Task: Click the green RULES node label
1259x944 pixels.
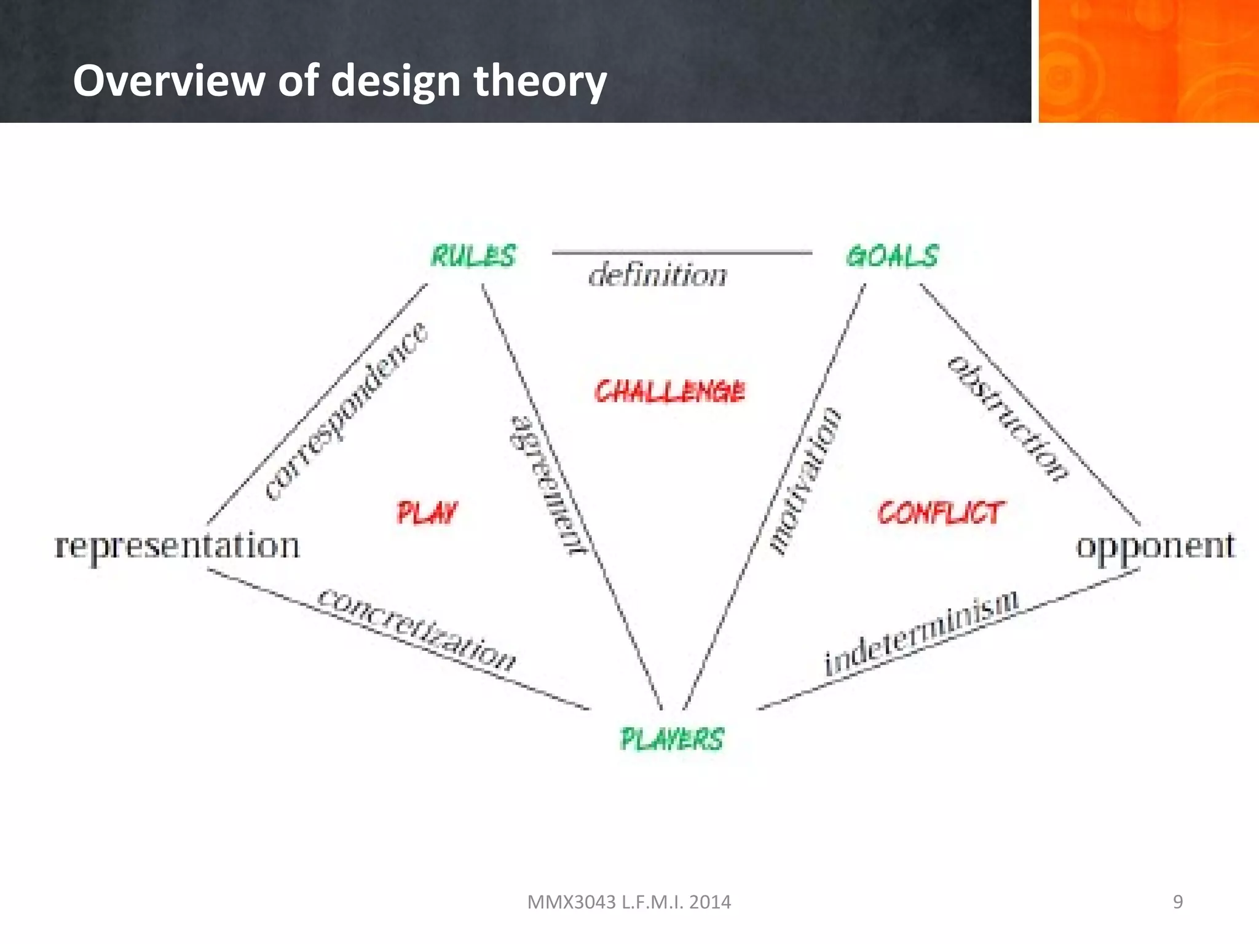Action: point(473,256)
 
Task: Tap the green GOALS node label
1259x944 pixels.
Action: point(893,256)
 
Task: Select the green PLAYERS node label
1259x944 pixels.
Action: point(672,739)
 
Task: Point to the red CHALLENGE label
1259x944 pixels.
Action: point(669,391)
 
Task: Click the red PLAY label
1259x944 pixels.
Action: point(427,513)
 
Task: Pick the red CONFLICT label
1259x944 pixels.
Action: point(941,513)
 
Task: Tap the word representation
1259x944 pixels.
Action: point(177,546)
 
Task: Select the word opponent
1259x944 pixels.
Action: point(1156,546)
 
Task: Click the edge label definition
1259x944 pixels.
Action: point(657,275)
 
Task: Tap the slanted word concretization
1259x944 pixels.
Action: point(416,628)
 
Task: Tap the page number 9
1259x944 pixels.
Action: point(1178,902)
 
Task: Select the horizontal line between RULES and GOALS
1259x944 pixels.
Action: point(682,252)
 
